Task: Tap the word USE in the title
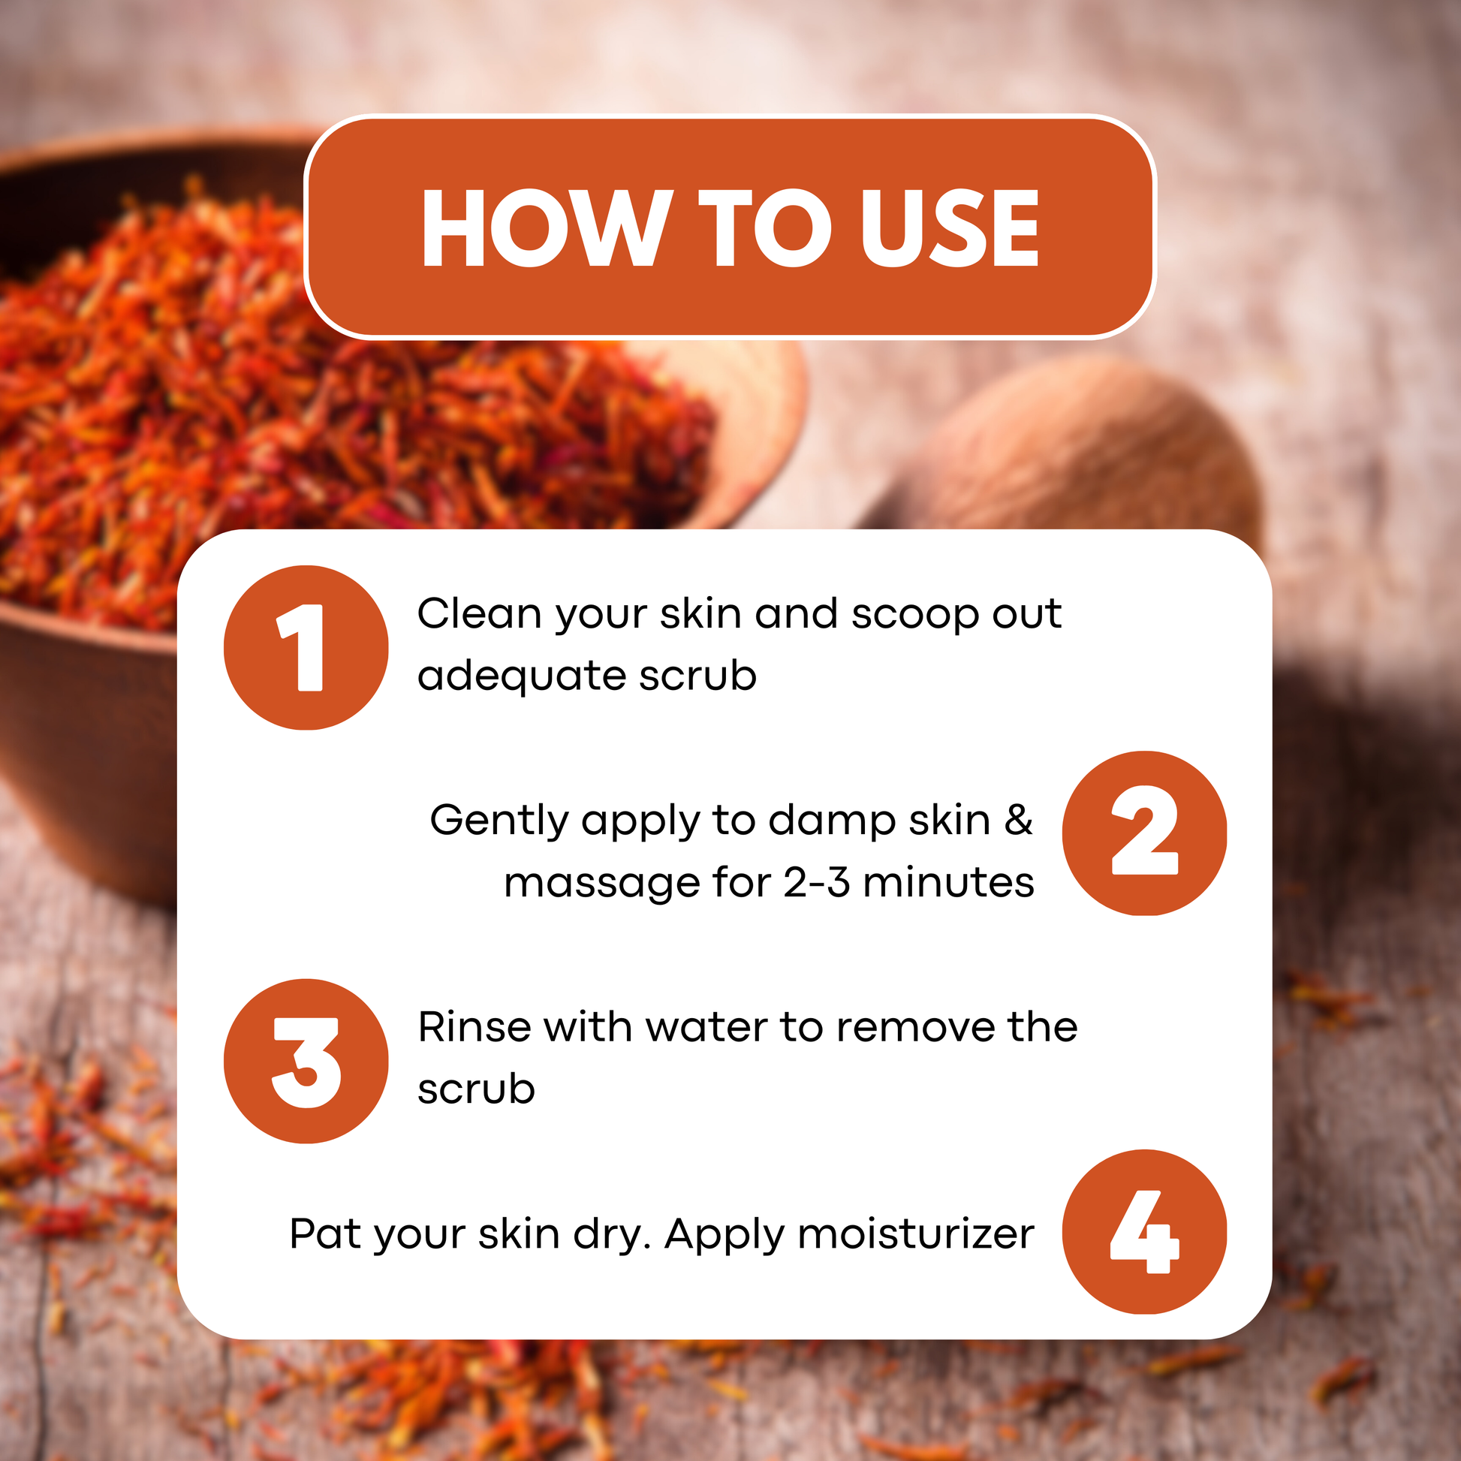[950, 227]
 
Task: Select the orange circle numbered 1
[306, 647]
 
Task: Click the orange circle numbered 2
[1144, 833]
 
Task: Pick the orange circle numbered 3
[306, 1061]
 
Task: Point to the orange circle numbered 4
[1144, 1232]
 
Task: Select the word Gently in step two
[499, 821]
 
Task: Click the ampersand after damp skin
[1019, 820]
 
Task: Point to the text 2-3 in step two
[817, 882]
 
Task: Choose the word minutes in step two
[948, 881]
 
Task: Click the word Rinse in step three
[474, 1027]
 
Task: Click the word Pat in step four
[325, 1234]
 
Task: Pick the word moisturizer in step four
[916, 1234]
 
